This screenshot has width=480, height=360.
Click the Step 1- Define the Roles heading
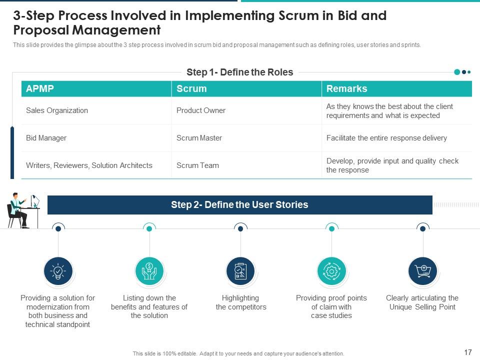(239, 72)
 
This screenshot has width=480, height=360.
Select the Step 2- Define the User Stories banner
(239, 205)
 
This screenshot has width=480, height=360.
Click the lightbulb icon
(58, 271)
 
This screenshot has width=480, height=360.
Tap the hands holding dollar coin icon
(149, 271)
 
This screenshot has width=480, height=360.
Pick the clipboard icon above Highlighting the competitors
(240, 271)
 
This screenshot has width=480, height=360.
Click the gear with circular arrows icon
(331, 271)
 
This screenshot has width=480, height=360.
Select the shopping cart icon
(423, 271)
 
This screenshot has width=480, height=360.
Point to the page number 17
(468, 352)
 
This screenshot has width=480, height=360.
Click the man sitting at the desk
(19, 210)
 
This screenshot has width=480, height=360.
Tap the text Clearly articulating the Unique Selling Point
(422, 302)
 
